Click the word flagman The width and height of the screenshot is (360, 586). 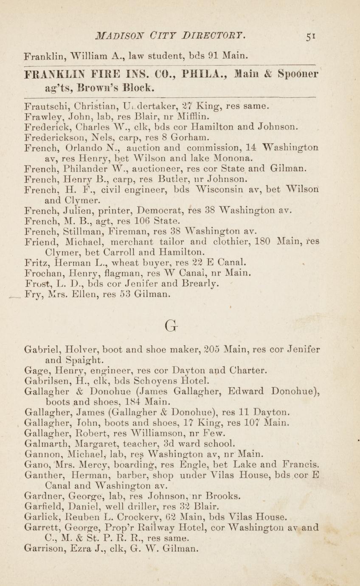(115, 272)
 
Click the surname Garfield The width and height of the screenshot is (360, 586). (45, 506)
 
